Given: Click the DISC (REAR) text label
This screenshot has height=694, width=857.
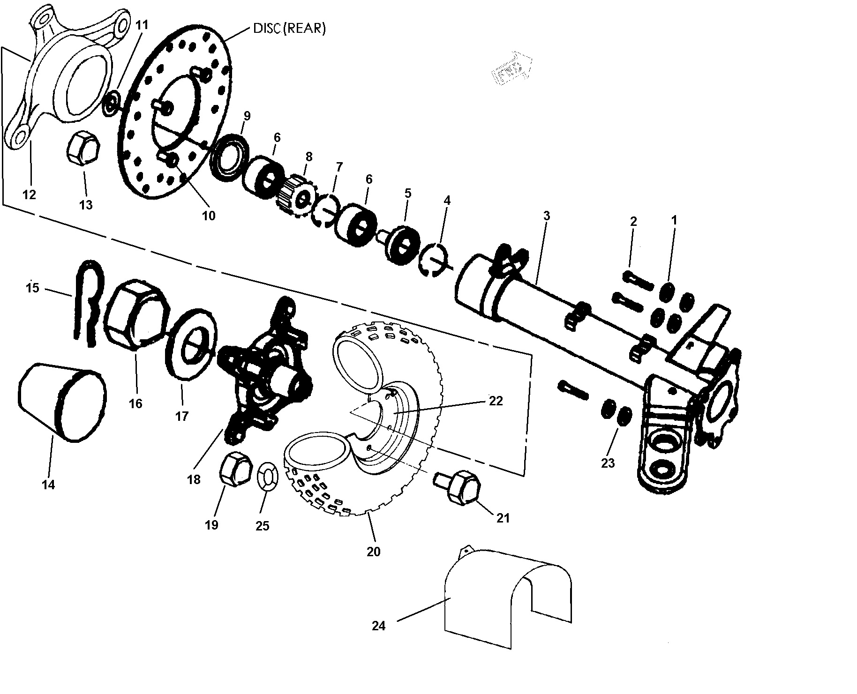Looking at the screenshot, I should pyautogui.click(x=289, y=28).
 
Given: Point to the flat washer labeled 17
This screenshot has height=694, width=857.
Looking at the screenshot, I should pyautogui.click(x=192, y=342).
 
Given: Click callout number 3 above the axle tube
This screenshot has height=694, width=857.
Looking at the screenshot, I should pyautogui.click(x=546, y=216).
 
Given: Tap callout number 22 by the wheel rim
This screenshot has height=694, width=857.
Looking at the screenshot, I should pyautogui.click(x=496, y=401).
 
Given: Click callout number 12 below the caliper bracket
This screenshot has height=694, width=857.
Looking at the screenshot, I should pyautogui.click(x=29, y=194).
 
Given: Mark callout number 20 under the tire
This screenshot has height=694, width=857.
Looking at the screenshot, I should pyautogui.click(x=374, y=552).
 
